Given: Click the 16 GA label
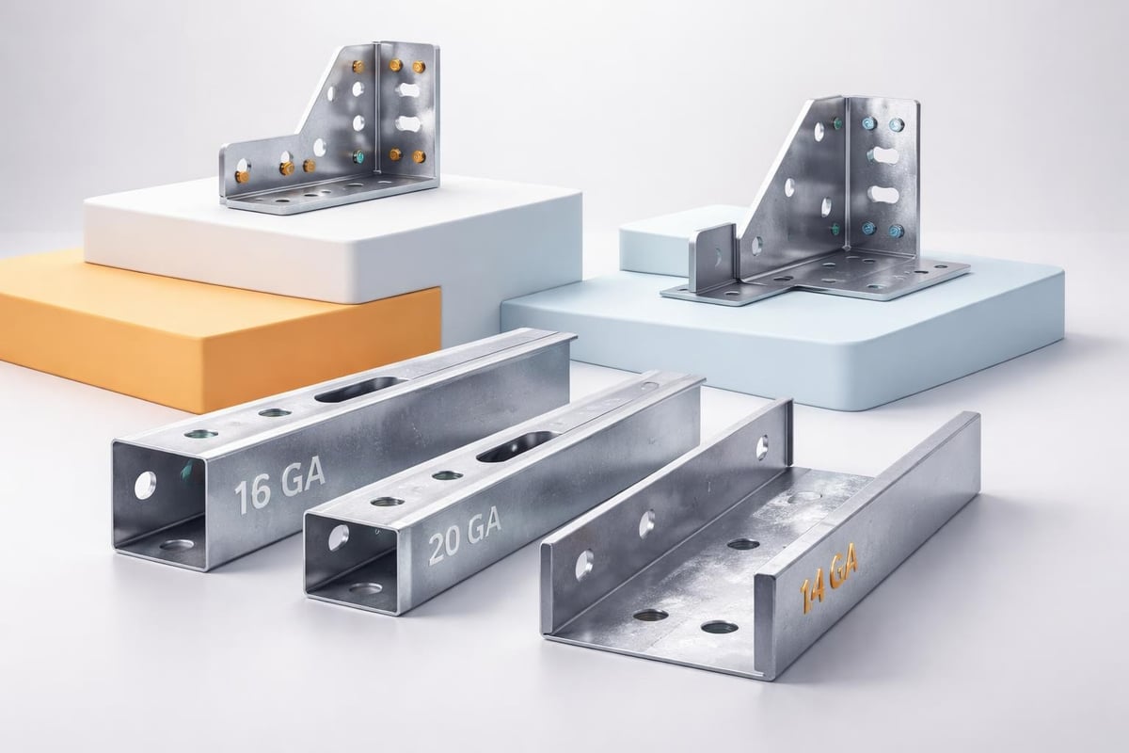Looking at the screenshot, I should [x=279, y=484].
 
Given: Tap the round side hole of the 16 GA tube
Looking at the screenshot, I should [x=145, y=485].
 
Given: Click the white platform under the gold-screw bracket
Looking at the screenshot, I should [x=329, y=235].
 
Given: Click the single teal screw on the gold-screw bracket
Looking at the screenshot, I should [x=358, y=156].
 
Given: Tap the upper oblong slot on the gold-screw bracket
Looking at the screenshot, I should [x=411, y=91].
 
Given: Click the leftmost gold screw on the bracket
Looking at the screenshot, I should [x=242, y=175].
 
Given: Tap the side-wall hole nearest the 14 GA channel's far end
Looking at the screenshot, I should [x=761, y=448].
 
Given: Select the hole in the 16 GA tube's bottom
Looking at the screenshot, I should [x=174, y=543].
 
